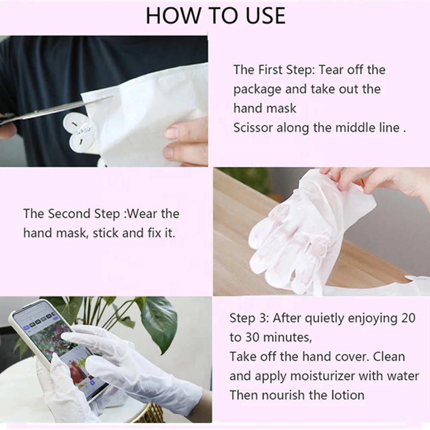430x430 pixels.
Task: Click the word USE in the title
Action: point(265,15)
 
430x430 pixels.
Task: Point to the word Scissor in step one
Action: point(253,128)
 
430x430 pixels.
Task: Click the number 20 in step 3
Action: point(408,318)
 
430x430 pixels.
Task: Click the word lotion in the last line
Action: point(348,395)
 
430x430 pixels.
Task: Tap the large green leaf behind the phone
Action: point(159,324)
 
